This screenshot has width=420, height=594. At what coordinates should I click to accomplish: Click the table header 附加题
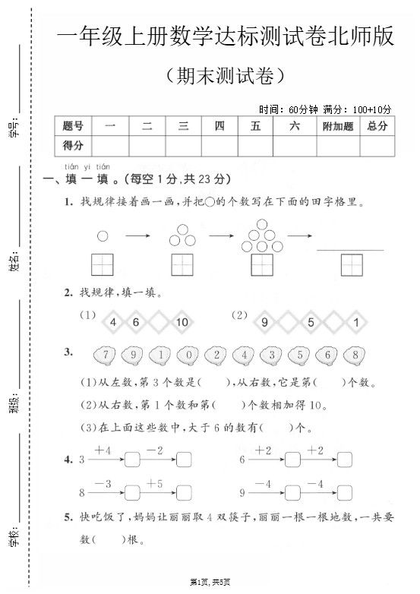[x=338, y=127]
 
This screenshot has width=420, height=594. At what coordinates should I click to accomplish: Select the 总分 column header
[x=377, y=127]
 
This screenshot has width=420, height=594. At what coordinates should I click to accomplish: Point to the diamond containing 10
[x=182, y=322]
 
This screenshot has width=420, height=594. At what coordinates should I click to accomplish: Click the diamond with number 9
[x=264, y=322]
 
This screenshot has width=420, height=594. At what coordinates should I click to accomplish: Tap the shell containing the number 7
[x=105, y=355]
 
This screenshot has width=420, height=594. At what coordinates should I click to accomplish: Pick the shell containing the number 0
[x=188, y=355]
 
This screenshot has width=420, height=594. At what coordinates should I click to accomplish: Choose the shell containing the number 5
[x=299, y=355]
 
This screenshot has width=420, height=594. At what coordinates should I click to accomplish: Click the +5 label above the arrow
[x=155, y=483]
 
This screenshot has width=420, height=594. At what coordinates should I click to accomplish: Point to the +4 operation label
[x=103, y=450]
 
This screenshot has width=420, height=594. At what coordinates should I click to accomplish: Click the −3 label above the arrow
[x=103, y=483]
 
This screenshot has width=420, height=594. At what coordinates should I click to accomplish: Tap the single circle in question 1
[x=103, y=236]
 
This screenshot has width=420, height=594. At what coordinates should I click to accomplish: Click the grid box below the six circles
[x=262, y=264]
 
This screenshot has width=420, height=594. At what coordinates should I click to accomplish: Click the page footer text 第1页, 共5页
[x=210, y=581]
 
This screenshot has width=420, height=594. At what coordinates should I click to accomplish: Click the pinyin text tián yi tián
[x=87, y=166]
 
